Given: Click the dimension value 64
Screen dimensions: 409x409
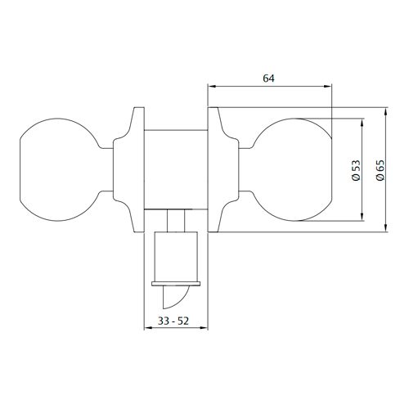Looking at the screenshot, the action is pyautogui.click(x=268, y=79).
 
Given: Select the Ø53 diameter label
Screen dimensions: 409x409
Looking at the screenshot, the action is pyautogui.click(x=356, y=170).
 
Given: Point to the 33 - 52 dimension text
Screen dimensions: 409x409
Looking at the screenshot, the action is pyautogui.click(x=173, y=321).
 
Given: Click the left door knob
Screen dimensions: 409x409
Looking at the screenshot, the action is pyautogui.click(x=59, y=169).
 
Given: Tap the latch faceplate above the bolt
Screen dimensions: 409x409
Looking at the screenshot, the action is pyautogui.click(x=176, y=284).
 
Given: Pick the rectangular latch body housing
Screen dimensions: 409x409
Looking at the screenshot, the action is pyautogui.click(x=176, y=257).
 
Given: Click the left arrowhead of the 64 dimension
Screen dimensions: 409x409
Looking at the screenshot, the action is pyautogui.click(x=212, y=86).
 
